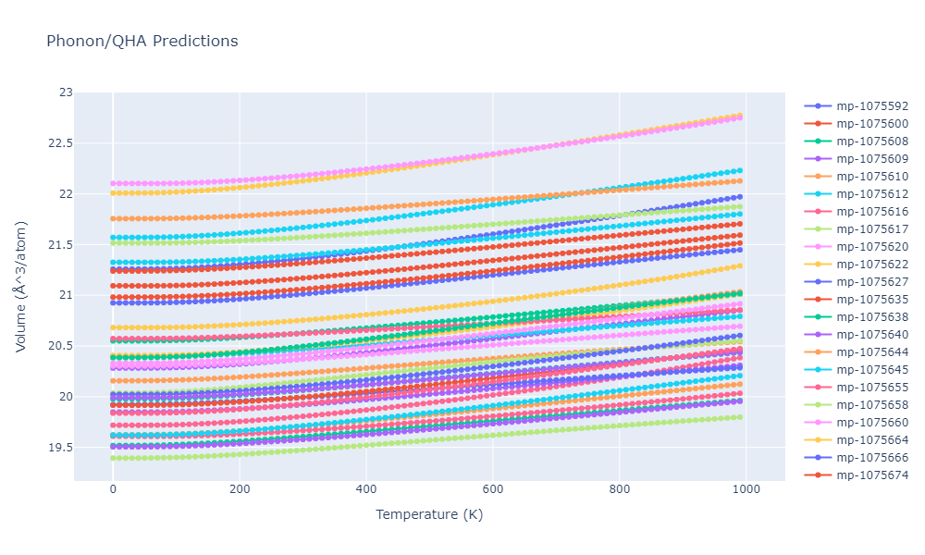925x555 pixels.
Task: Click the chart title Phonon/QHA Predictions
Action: [x=142, y=42]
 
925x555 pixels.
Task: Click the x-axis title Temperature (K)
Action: [x=429, y=515]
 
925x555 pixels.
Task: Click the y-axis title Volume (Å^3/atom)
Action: [x=21, y=287]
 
